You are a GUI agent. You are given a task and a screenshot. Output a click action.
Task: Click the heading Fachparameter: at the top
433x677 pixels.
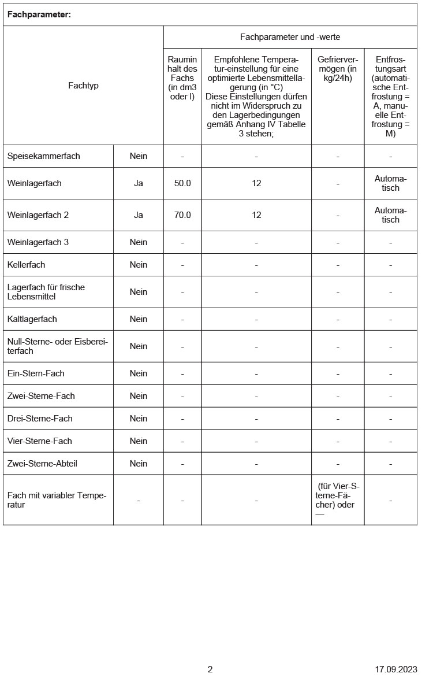click(x=39, y=15)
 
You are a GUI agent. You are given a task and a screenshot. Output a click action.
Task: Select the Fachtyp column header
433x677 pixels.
click(x=83, y=86)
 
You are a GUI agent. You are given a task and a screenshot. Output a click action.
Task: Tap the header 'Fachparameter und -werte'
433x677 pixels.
click(x=290, y=37)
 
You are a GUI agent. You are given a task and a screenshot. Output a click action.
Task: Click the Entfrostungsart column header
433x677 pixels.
click(x=390, y=96)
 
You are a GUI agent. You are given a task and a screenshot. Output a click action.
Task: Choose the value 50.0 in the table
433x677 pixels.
click(x=182, y=183)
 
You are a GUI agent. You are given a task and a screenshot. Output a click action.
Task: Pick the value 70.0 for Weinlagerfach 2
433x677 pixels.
click(x=182, y=215)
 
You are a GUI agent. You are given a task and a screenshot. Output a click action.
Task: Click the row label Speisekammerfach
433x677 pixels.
click(x=44, y=156)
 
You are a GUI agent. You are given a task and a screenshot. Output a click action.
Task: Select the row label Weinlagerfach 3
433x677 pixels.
click(x=38, y=242)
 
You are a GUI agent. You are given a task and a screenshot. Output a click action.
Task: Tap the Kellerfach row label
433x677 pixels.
click(x=27, y=265)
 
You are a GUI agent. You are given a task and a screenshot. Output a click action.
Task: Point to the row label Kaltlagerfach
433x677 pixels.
click(x=32, y=319)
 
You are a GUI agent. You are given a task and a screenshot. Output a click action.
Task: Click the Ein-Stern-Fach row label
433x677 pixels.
click(x=36, y=373)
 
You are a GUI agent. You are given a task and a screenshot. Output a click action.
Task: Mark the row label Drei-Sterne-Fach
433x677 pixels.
click(x=40, y=419)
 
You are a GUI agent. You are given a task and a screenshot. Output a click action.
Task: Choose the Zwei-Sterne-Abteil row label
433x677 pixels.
click(x=42, y=464)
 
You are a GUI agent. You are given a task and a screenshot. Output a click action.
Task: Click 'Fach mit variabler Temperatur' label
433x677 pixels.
click(x=57, y=500)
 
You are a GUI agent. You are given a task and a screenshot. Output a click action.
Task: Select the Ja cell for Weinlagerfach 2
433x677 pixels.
click(x=139, y=215)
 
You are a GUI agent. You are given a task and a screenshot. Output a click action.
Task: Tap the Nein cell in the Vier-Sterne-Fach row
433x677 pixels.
click(x=139, y=441)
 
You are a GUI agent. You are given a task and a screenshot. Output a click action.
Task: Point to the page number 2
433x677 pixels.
click(x=210, y=669)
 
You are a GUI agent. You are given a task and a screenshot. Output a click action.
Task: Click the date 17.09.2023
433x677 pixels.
click(x=395, y=669)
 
